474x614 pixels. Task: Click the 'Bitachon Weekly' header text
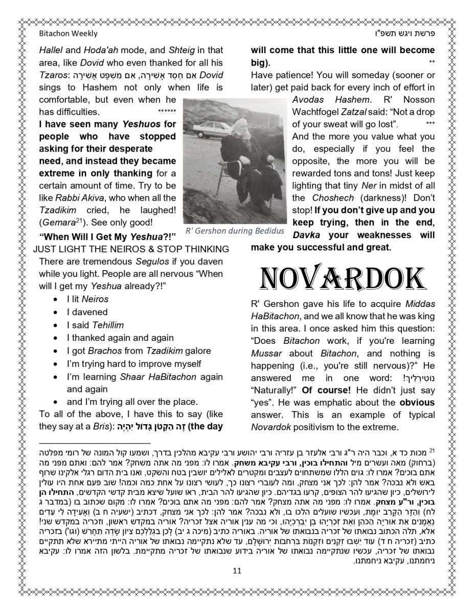[x=68, y=34]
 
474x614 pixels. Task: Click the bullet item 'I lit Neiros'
[x=87, y=299]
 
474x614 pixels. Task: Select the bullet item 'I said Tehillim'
[x=95, y=325]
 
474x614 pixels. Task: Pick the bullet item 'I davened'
[x=87, y=312]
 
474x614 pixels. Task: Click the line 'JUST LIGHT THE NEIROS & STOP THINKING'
[x=131, y=249]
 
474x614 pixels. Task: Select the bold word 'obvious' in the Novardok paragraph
[x=417, y=403]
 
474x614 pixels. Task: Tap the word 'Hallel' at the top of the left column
[x=51, y=51]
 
